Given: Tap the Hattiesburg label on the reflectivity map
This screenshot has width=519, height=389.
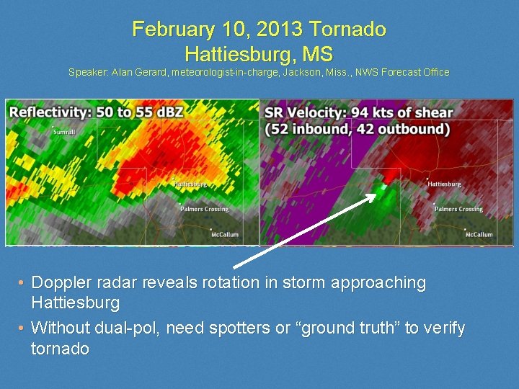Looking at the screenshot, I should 190,184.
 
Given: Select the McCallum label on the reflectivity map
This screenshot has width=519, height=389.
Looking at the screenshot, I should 225,235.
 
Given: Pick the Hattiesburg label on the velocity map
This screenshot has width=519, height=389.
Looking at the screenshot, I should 444,184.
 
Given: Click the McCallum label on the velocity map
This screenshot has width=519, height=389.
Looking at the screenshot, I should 479,235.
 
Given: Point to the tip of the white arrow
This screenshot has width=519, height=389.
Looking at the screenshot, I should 376,192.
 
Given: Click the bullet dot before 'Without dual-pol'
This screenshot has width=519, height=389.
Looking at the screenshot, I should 22,328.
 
